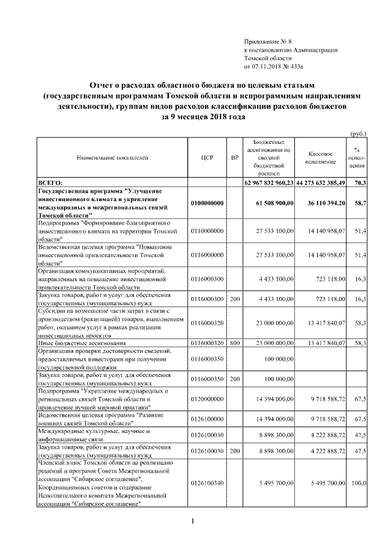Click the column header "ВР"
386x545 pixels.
[235, 157]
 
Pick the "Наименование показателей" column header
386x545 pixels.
[112, 157]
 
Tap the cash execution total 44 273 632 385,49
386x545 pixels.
[321, 182]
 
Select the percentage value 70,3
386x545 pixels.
[362, 182]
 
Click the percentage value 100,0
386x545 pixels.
[359, 483]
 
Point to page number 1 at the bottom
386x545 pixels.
[192, 520]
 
